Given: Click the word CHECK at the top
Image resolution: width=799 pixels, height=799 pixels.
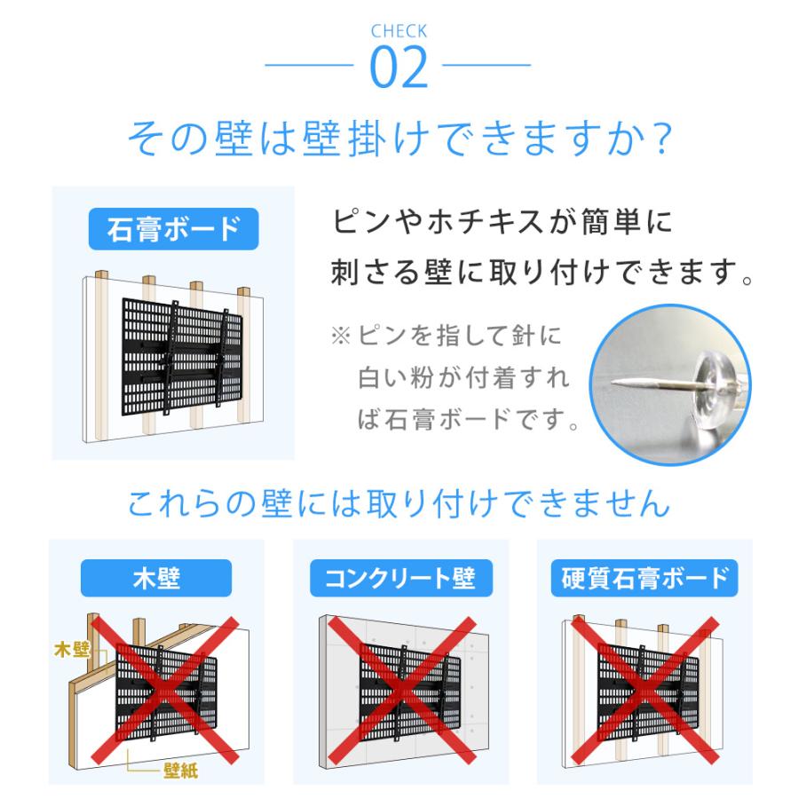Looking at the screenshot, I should point(399,32).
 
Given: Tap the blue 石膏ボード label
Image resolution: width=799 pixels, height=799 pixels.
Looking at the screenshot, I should point(173,228).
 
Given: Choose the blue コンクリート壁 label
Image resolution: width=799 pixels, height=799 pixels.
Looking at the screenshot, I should point(399,579).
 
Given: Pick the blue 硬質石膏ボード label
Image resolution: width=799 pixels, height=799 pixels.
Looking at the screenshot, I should point(645,579).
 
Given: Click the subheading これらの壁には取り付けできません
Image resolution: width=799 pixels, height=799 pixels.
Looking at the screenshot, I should point(399,504).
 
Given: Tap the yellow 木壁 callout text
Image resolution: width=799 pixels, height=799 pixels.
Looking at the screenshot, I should point(73,651).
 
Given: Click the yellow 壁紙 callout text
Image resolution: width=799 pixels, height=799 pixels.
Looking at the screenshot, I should point(180,769).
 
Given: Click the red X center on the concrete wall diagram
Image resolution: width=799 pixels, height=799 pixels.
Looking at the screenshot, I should point(400,689).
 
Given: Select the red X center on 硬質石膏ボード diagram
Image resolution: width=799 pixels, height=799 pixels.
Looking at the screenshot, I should point(645,689).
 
